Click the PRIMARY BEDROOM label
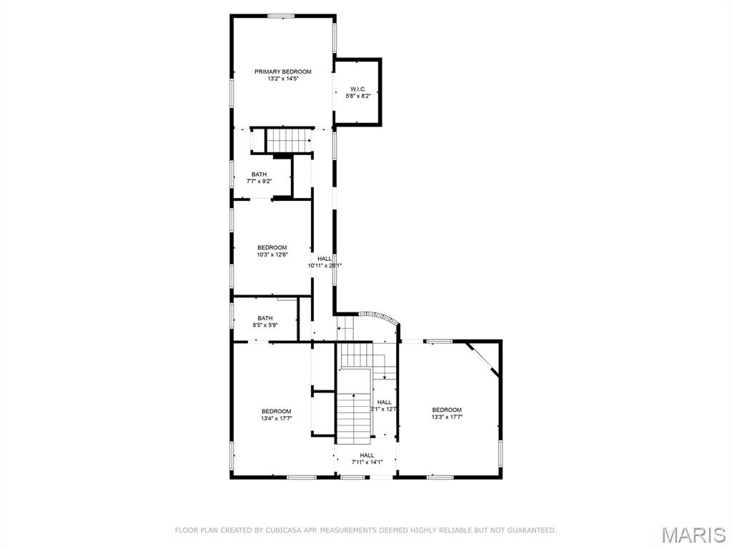pos(283,71)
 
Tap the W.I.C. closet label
pos(357,89)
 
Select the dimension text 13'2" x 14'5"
pos(283,79)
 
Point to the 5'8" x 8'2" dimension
pos(357,96)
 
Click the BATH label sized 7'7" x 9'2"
pos(259,174)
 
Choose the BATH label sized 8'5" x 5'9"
pos(264,318)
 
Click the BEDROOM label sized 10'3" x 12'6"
pos(272,247)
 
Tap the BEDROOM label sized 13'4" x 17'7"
pos(276,411)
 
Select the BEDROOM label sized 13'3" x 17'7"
pos(447,410)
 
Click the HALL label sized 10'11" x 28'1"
pos(325,258)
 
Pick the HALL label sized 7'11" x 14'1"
pos(367,455)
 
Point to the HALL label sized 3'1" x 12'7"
pos(385,402)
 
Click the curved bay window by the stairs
pos(379,317)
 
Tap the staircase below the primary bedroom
pos(289,139)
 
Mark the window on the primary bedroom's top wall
pos(282,16)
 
